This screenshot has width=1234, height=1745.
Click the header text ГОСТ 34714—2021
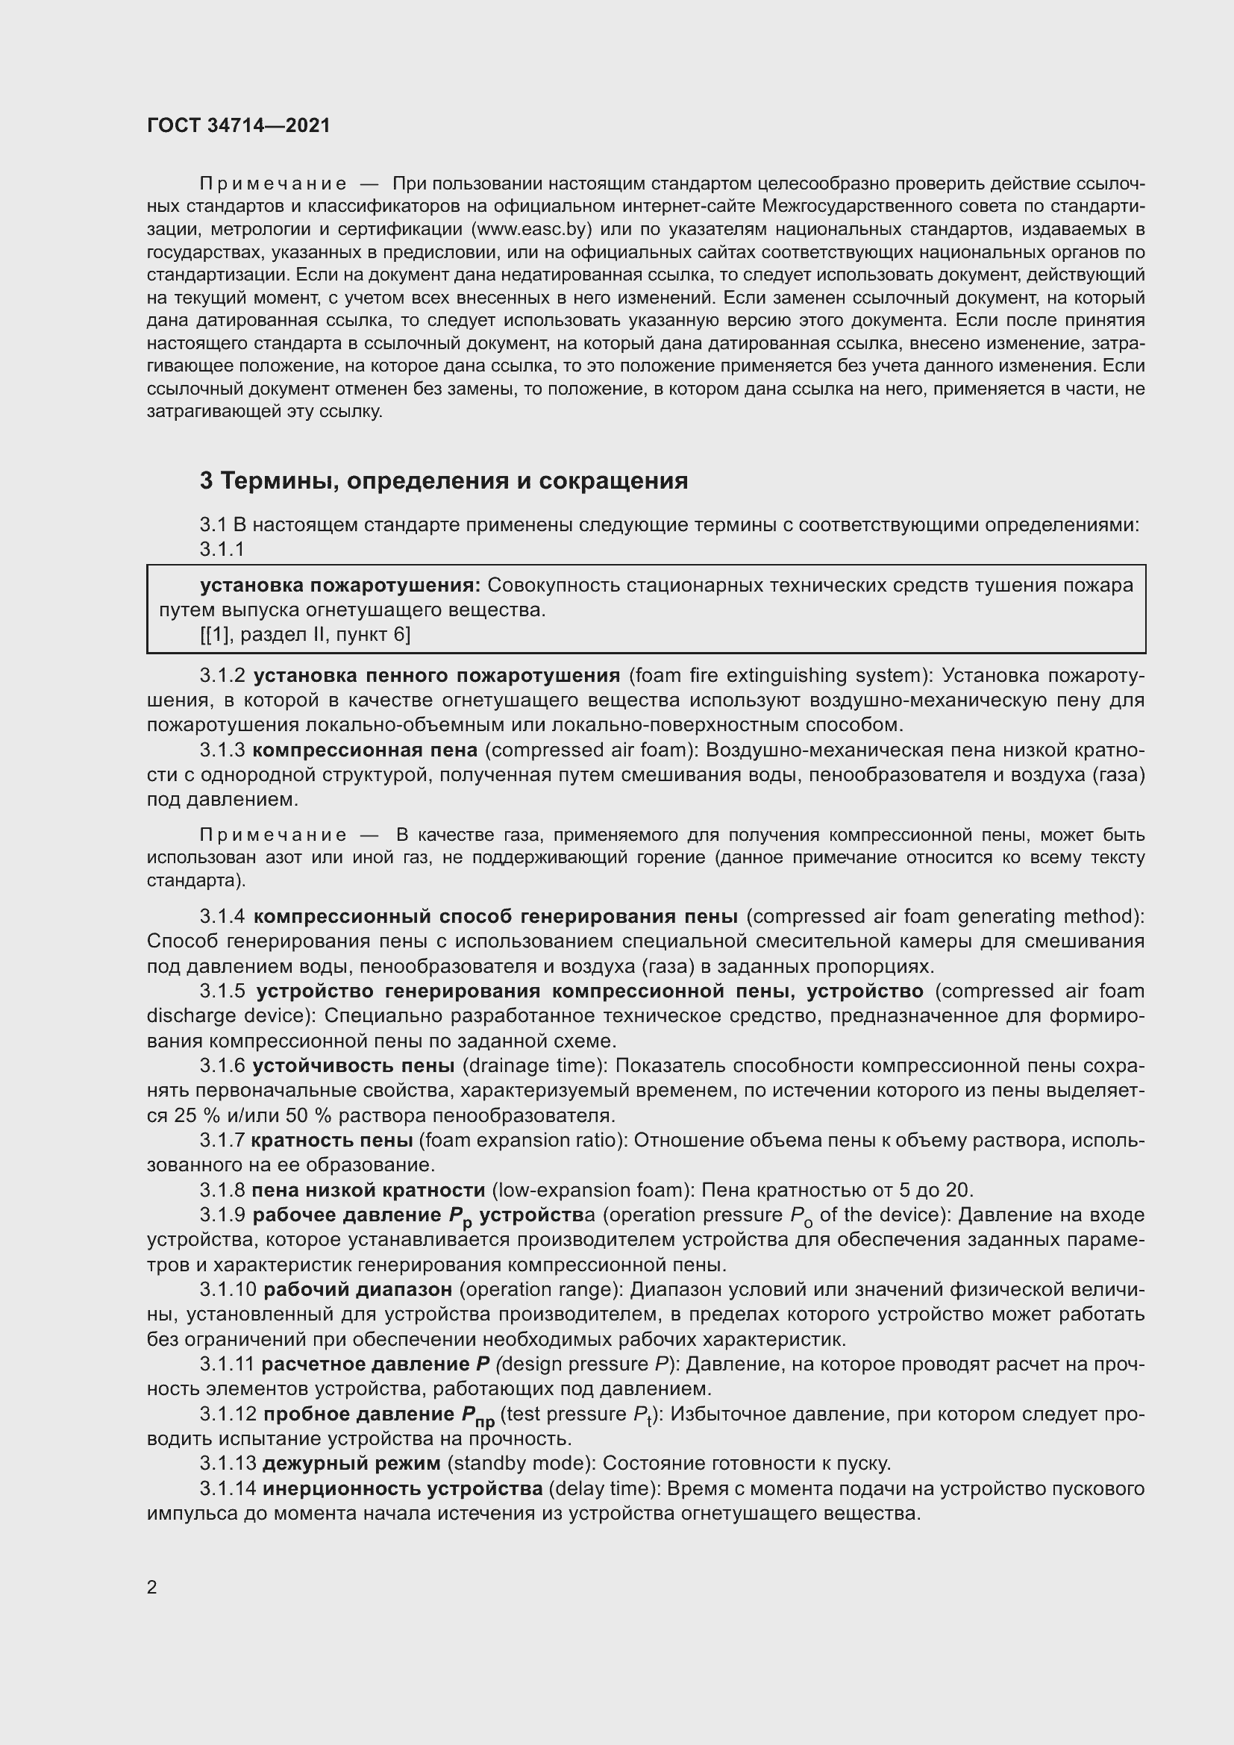point(239,125)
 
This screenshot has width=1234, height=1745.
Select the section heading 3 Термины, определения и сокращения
point(444,481)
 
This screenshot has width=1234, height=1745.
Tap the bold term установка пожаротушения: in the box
point(339,585)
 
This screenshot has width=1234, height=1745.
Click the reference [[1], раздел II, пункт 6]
point(304,635)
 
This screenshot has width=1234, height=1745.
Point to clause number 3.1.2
point(222,676)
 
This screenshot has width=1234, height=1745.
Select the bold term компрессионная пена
point(365,750)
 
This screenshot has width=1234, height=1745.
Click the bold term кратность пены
point(331,1140)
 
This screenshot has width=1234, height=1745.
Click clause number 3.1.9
point(222,1215)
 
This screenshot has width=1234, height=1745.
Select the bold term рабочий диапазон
point(358,1290)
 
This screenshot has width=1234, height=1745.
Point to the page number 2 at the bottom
point(152,1588)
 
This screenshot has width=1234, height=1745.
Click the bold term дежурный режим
point(351,1463)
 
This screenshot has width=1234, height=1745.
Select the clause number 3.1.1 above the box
point(222,549)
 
